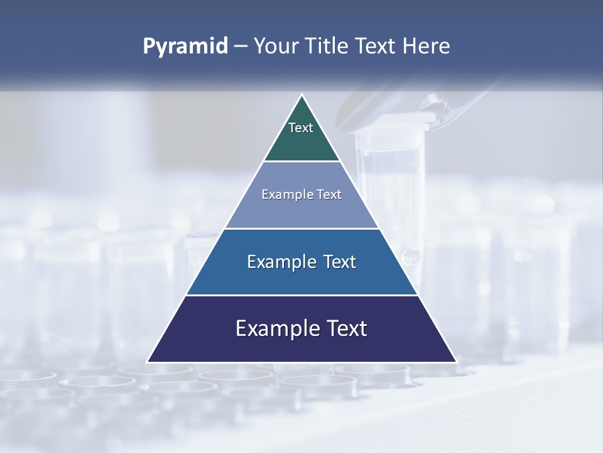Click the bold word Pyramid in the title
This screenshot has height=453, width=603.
185,47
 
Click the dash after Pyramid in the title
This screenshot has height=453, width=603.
240,47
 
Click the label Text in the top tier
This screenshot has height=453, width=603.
301,128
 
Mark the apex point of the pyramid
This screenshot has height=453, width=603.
302,96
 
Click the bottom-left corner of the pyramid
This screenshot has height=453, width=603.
148,361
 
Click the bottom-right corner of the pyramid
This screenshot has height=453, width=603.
455,361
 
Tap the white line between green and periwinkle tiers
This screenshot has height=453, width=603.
301,161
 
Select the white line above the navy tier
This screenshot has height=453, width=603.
301,295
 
